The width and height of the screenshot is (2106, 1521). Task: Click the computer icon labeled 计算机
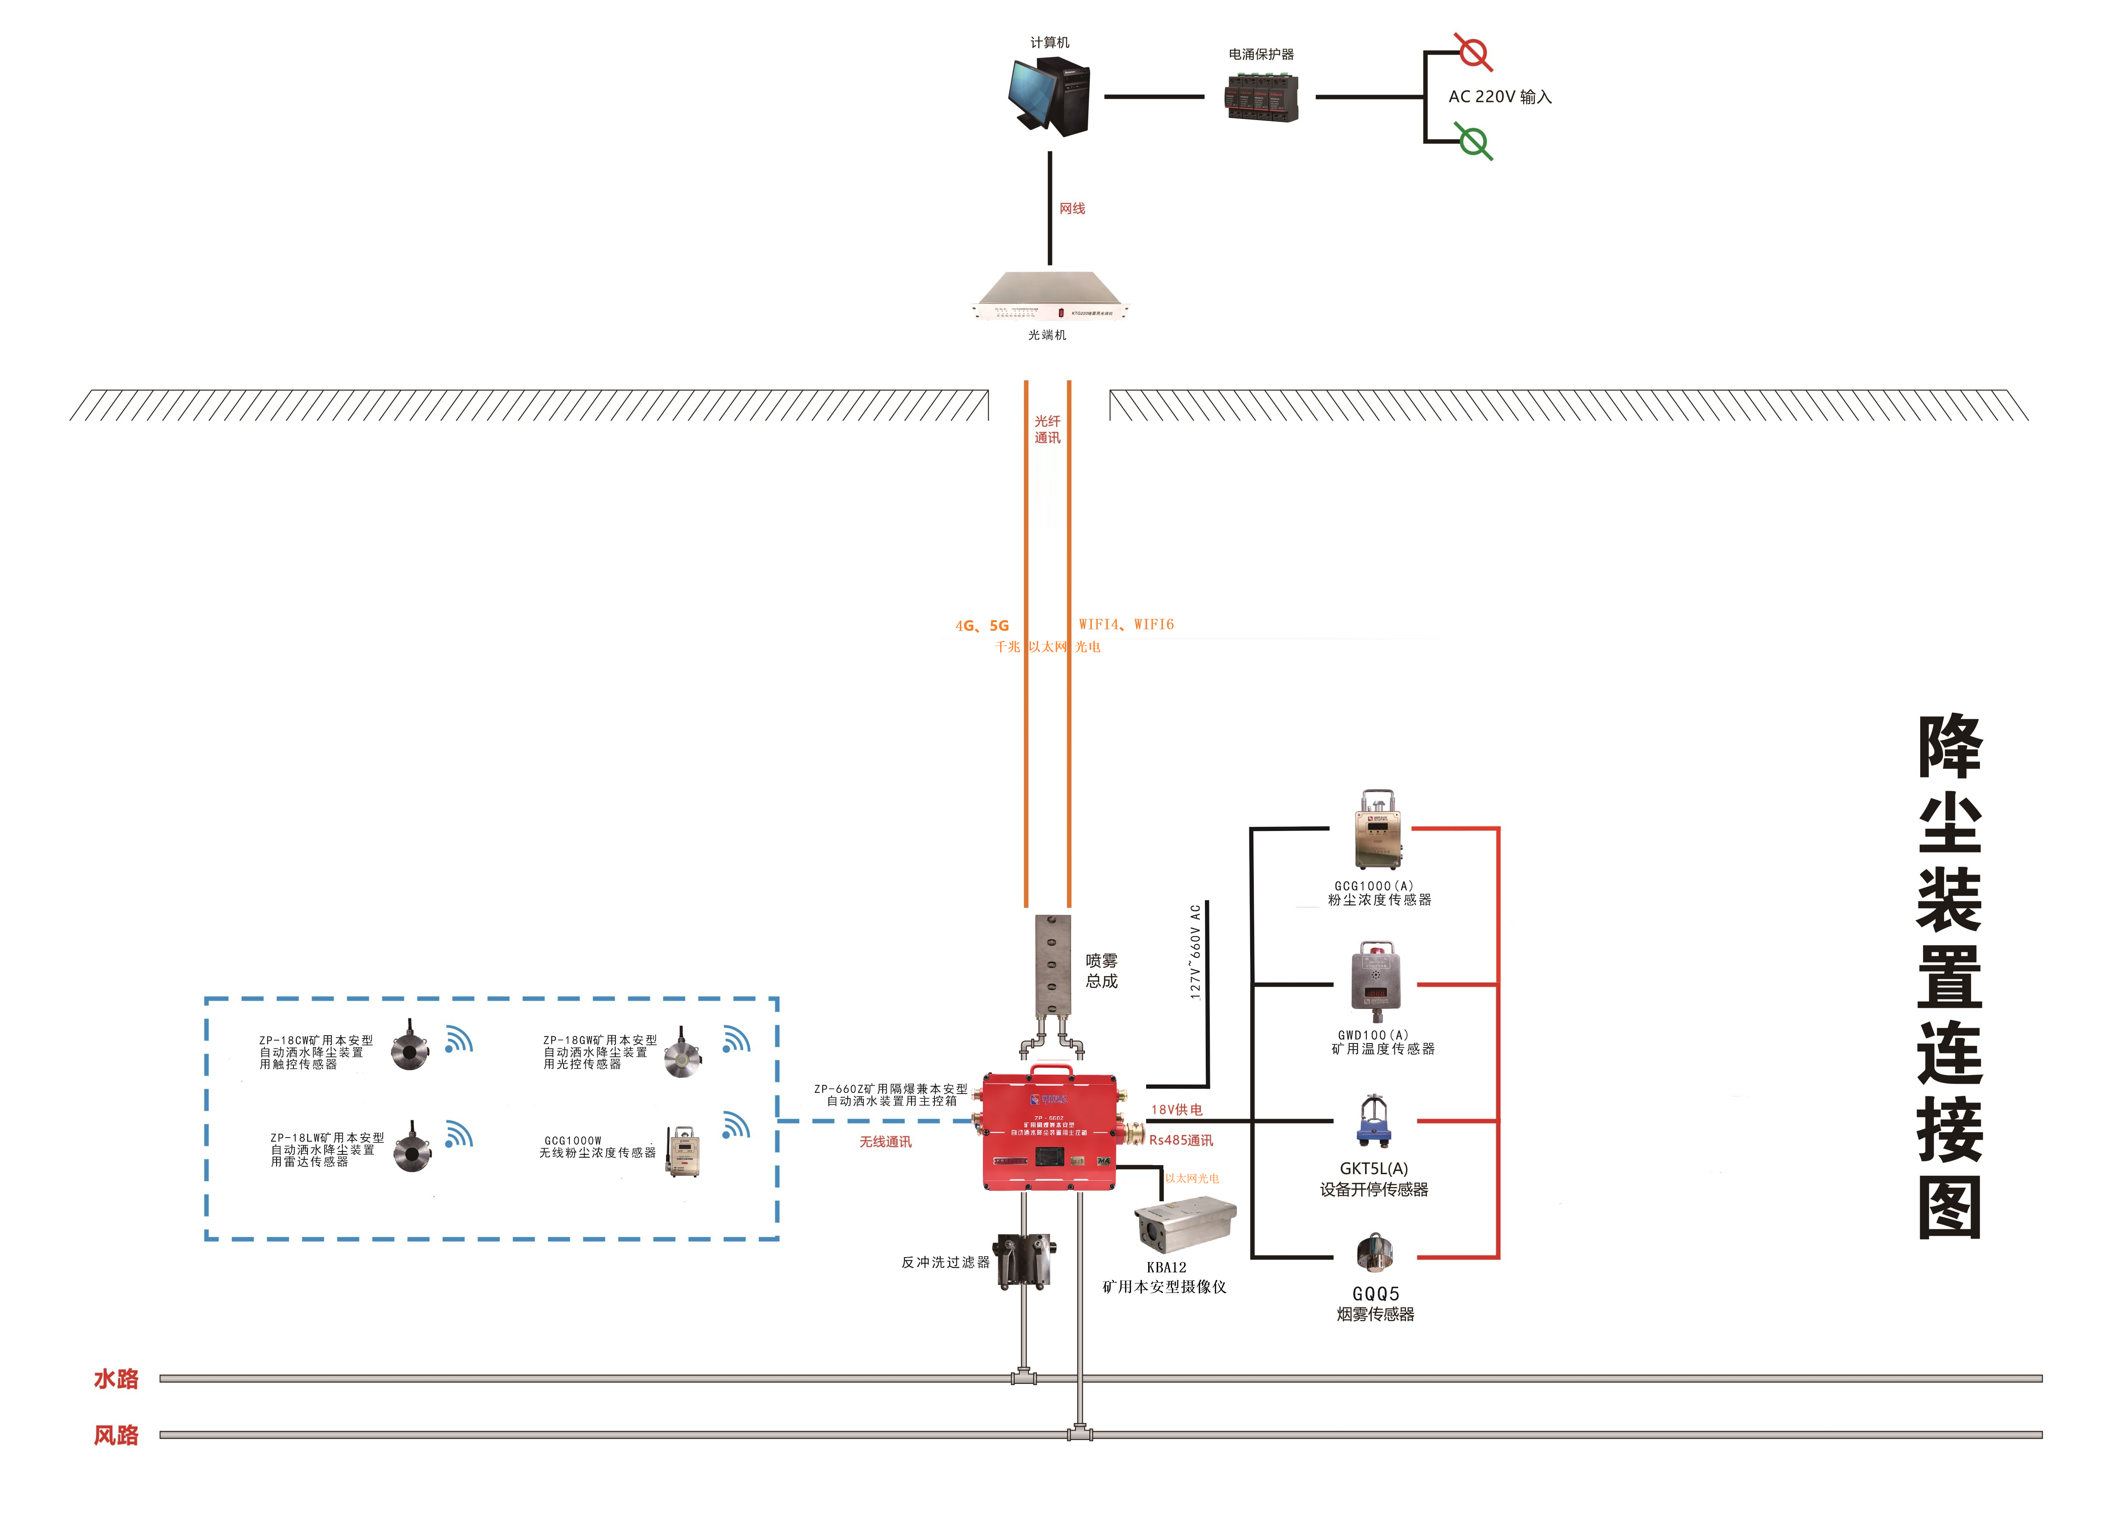pyautogui.click(x=1049, y=96)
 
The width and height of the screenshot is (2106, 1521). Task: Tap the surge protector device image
pyautogui.click(x=1261, y=96)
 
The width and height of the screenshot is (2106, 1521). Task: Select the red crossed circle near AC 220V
pyautogui.click(x=1473, y=52)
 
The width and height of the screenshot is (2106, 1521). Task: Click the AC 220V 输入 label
pyautogui.click(x=1500, y=97)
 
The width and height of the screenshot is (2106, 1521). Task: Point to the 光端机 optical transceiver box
pyautogui.click(x=1049, y=295)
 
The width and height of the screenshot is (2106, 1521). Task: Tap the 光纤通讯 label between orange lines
pyautogui.click(x=1047, y=429)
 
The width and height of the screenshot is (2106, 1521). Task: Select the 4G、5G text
pyautogui.click(x=982, y=626)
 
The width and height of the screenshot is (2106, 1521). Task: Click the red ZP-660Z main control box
pyautogui.click(x=1049, y=1131)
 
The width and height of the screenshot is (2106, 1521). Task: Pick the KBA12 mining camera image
pyautogui.click(x=1185, y=1223)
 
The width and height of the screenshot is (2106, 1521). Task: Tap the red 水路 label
pyautogui.click(x=116, y=1379)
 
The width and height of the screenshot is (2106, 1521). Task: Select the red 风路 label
pyautogui.click(x=116, y=1436)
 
